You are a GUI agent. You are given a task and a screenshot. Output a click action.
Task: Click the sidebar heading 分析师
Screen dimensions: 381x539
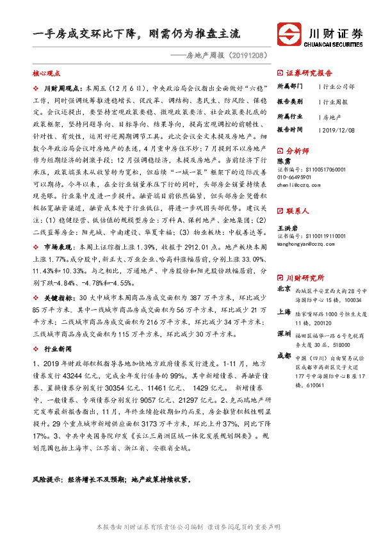pyautogui.click(x=298, y=151)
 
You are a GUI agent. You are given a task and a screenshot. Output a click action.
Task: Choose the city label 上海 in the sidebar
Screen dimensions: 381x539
pyautogui.click(x=284, y=312)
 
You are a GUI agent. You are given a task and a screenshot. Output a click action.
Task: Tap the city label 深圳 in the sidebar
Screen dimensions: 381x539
pyautogui.click(x=284, y=334)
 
